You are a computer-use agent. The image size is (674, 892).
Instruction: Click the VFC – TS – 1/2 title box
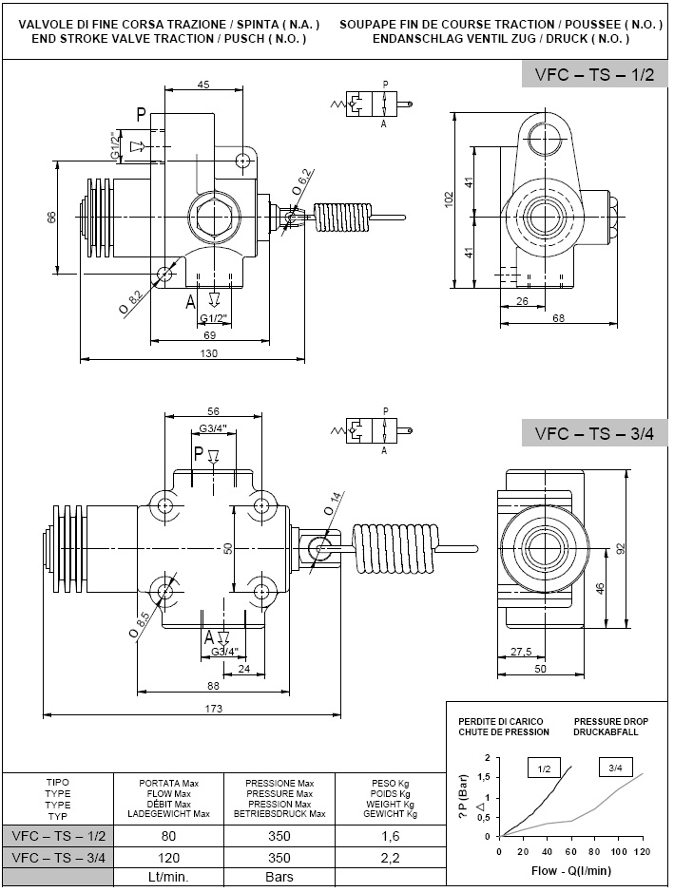[x=594, y=75]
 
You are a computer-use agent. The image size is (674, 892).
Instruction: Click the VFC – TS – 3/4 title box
[x=594, y=433]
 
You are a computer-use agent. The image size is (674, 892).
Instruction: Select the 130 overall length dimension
[x=208, y=353]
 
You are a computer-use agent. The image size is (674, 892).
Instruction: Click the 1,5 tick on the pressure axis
[x=487, y=777]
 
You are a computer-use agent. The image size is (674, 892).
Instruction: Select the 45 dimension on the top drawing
[x=202, y=85]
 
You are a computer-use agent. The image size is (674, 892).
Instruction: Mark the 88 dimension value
[x=213, y=687]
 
